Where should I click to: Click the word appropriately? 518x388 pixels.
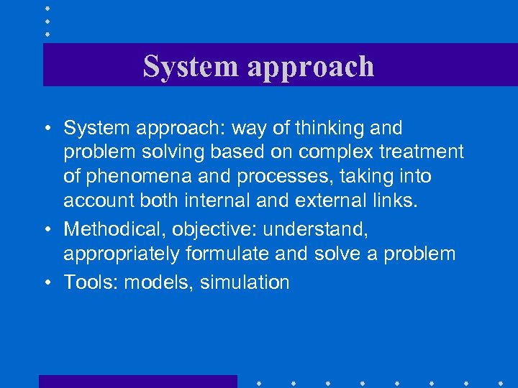[123, 254]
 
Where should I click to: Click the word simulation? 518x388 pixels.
[245, 282]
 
